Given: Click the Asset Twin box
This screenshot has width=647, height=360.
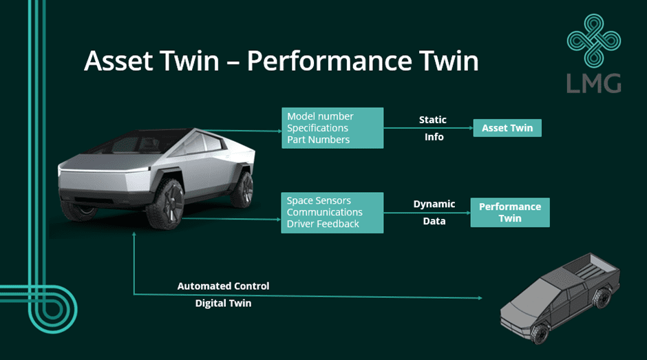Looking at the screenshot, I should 507,128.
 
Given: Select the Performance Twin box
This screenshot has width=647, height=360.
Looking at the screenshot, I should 510,212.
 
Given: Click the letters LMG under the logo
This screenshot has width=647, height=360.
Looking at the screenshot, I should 594,83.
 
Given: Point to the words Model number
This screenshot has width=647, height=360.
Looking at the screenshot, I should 320,116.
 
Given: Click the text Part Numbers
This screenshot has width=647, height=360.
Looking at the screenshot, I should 318,140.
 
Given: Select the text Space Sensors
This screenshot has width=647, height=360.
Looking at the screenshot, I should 319,200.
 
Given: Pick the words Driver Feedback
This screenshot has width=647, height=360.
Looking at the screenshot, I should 323,224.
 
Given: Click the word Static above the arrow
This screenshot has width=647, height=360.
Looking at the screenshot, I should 433,120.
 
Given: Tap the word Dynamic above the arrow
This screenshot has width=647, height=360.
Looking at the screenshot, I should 434,204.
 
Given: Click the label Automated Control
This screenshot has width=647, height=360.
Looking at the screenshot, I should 223,286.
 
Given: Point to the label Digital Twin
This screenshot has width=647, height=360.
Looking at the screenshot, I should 223,303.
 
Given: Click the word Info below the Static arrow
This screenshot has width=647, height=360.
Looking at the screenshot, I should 434,137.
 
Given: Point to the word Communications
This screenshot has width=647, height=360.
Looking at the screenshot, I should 325,212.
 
